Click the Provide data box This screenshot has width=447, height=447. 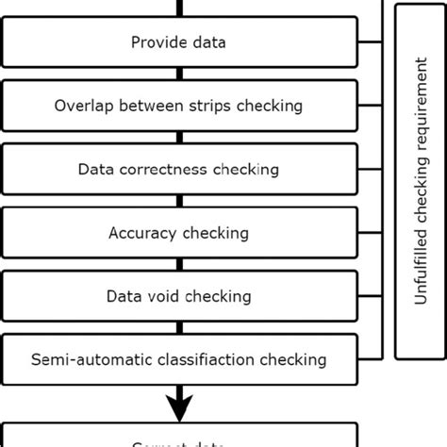point(179,42)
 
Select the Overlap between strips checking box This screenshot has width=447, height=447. point(179,106)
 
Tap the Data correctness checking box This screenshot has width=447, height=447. point(179,170)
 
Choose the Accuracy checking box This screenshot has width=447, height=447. point(179,233)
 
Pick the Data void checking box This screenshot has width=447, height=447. point(179,296)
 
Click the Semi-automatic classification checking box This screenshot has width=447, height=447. point(179,359)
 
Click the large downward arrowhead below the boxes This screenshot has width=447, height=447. point(179,406)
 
